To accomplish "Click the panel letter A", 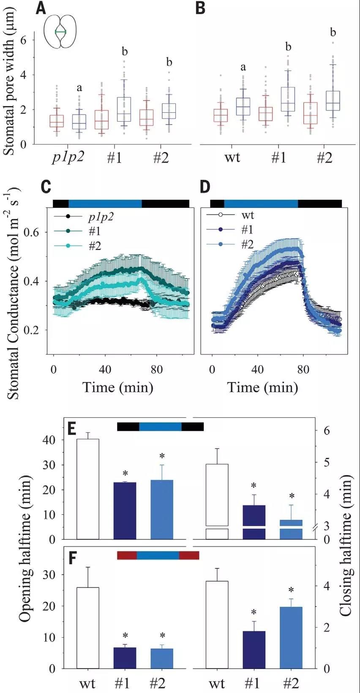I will click(41, 8).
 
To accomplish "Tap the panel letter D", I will click(205, 187).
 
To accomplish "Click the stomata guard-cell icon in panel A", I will click(60, 32).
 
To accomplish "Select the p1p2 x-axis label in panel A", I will click(68, 158).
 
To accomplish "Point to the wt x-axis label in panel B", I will click(232, 158).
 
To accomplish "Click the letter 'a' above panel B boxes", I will click(243, 67).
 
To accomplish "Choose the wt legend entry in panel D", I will click(247, 215).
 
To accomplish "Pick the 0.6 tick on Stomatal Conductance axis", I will click(32, 232).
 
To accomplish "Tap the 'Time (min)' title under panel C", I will click(117, 387).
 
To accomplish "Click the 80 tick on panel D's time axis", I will click(303, 370).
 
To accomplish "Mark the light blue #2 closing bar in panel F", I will click(291, 637).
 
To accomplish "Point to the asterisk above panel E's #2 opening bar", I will click(162, 457).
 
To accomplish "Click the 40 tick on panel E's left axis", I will click(49, 440).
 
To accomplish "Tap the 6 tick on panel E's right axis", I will click(327, 431).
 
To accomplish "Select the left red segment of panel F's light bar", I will click(127, 555).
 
